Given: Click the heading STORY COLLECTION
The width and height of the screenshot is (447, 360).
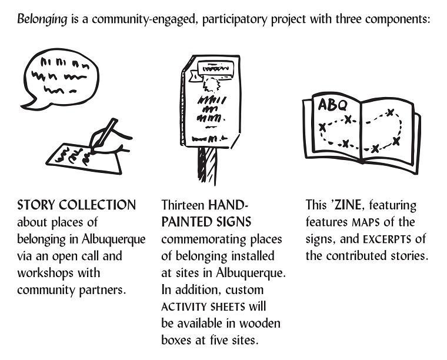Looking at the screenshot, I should (x=76, y=205).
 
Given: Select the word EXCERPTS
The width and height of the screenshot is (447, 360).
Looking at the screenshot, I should (x=389, y=239).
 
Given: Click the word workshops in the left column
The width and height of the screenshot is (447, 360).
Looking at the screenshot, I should (x=41, y=273).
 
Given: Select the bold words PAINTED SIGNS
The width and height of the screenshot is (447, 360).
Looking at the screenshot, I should (x=206, y=222).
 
